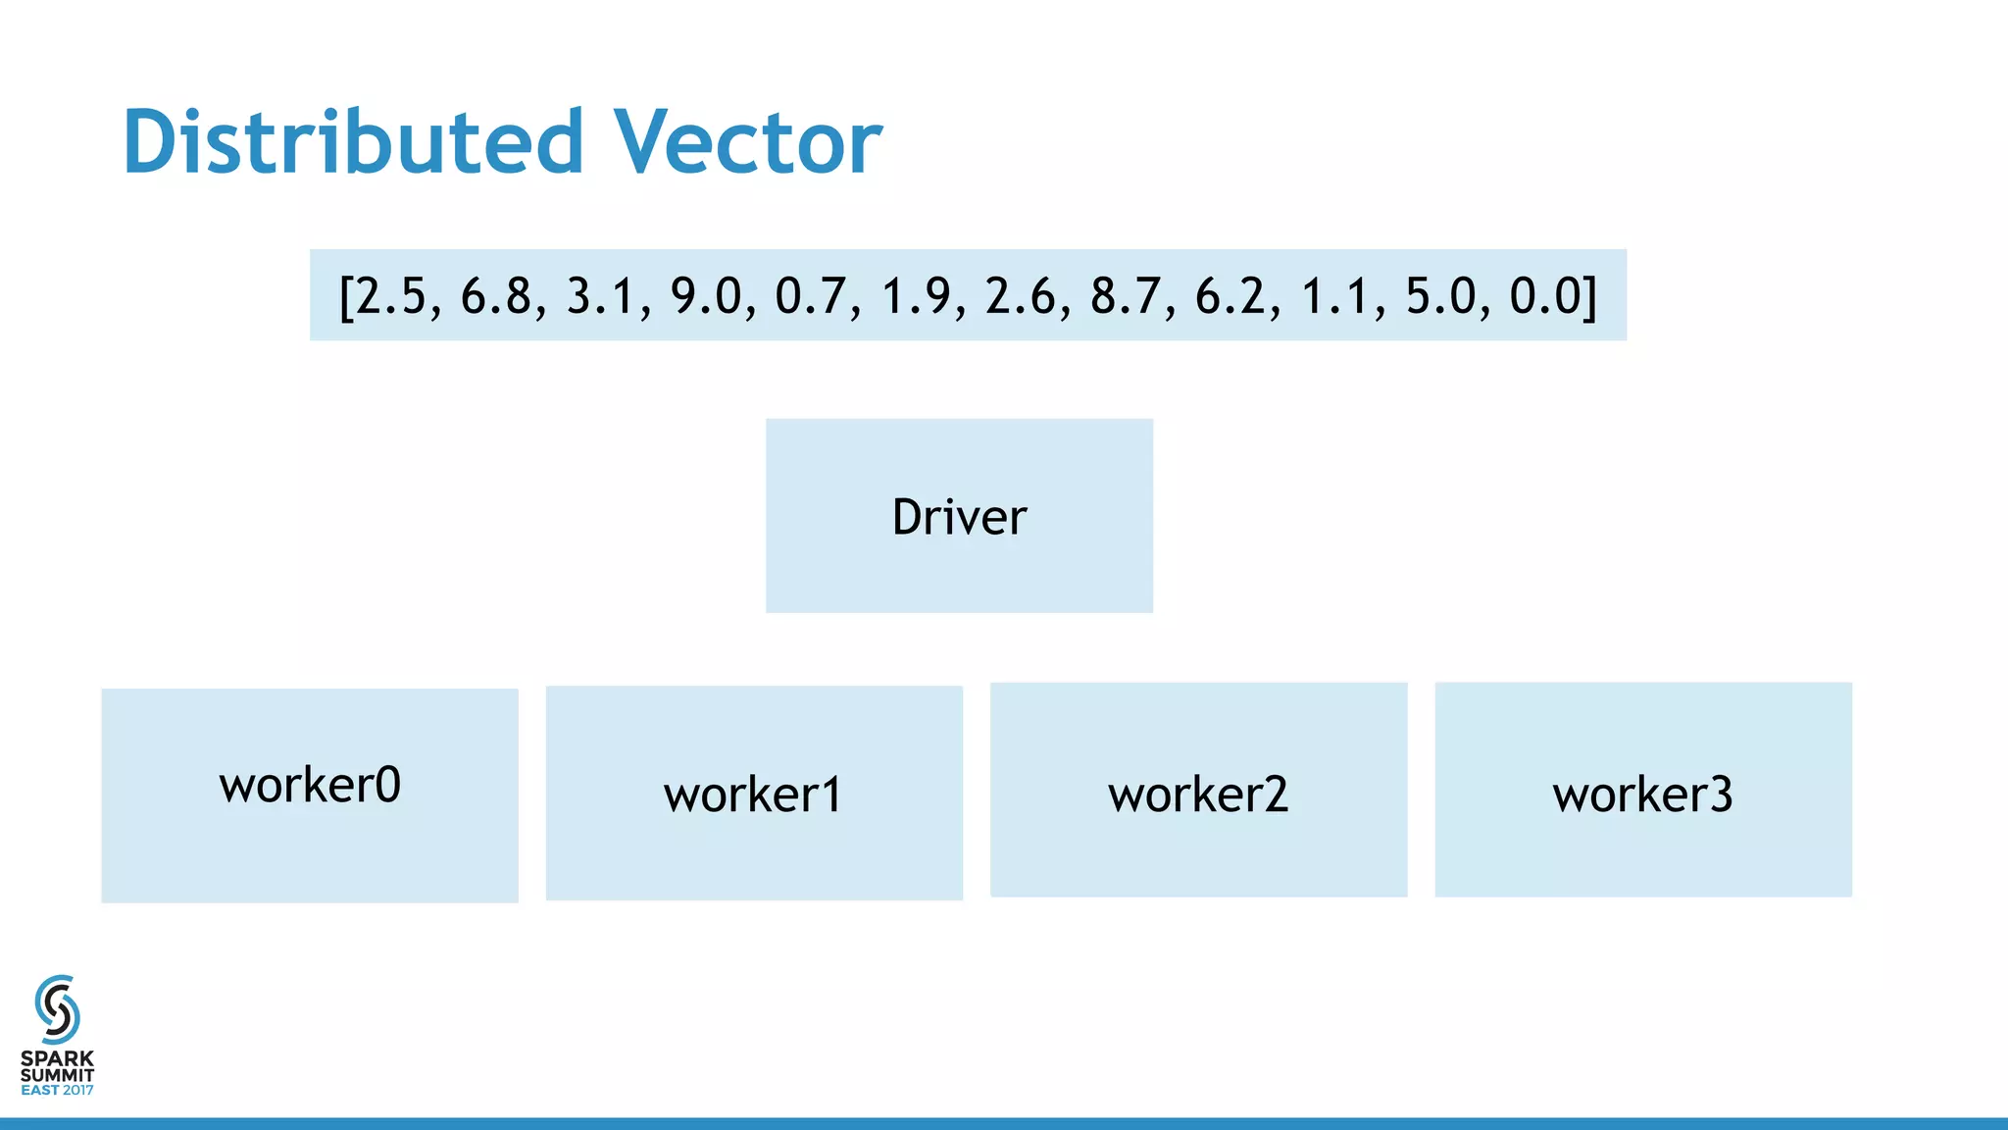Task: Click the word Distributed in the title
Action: point(353,142)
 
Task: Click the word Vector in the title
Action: point(747,142)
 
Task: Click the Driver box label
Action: point(959,517)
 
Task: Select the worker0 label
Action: point(310,785)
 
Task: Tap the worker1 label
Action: point(753,795)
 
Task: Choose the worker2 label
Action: point(1198,795)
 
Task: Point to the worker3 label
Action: point(1642,795)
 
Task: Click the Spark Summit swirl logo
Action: point(57,1009)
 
